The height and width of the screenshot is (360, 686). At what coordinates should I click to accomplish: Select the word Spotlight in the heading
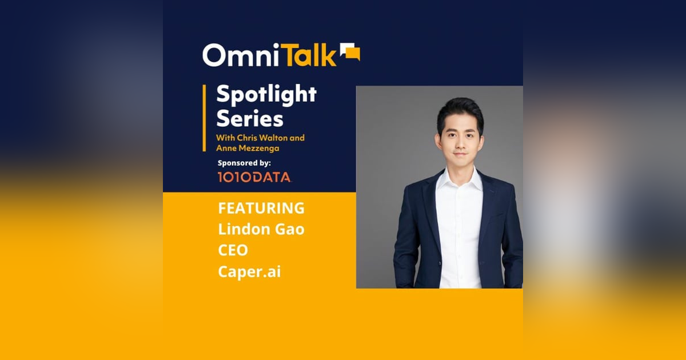pos(266,95)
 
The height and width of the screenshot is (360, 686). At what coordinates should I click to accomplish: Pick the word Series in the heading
pos(249,119)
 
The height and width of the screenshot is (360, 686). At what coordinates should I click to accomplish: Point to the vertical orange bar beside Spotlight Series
pos(204,118)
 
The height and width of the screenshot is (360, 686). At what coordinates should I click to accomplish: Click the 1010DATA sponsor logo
pos(254,177)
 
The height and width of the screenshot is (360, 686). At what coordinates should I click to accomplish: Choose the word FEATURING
pos(261,208)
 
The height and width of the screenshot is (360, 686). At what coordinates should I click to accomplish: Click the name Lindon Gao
pos(261,229)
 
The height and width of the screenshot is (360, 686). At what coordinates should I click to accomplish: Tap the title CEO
pos(233,250)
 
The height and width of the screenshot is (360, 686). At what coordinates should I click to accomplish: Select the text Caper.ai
pos(249,271)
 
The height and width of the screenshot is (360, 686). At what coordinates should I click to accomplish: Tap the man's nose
pos(460,143)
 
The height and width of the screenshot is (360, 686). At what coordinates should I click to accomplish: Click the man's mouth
pos(460,155)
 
